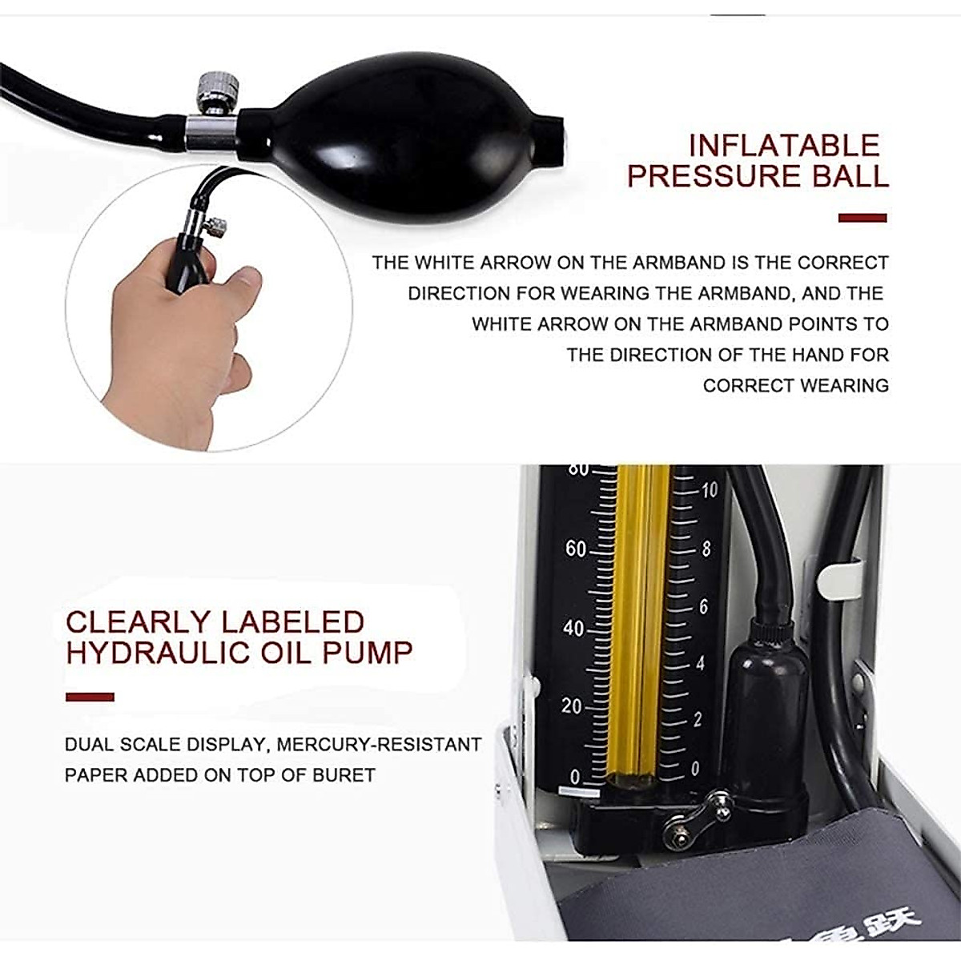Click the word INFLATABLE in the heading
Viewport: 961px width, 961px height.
[784, 146]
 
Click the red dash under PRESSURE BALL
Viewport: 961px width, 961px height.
[862, 218]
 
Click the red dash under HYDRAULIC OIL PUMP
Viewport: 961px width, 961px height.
[90, 697]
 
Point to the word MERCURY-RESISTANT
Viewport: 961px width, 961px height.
[378, 745]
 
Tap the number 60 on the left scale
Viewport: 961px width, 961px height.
[576, 549]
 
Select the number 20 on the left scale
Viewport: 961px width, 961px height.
[572, 706]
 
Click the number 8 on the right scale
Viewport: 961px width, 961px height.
[706, 549]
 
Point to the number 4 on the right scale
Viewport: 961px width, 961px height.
[700, 664]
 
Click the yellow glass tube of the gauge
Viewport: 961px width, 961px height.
[637, 625]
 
